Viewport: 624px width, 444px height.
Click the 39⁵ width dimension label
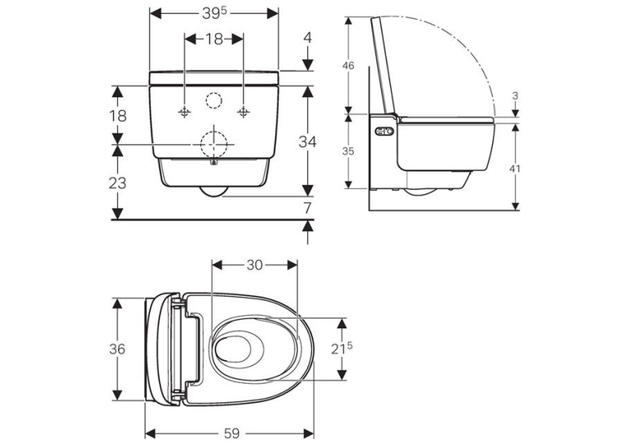click(x=214, y=13)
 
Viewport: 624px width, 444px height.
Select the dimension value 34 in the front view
click(x=307, y=142)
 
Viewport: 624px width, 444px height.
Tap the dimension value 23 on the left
click(x=117, y=183)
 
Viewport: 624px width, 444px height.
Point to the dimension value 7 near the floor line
click(x=307, y=208)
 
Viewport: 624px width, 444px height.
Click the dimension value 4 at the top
click(x=307, y=38)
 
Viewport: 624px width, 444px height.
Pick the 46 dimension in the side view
click(x=348, y=66)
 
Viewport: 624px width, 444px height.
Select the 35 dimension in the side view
click(x=348, y=152)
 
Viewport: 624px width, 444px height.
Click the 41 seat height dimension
click(x=515, y=169)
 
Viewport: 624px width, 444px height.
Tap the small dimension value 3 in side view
click(x=515, y=96)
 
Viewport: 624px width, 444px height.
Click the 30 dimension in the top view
click(x=255, y=265)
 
